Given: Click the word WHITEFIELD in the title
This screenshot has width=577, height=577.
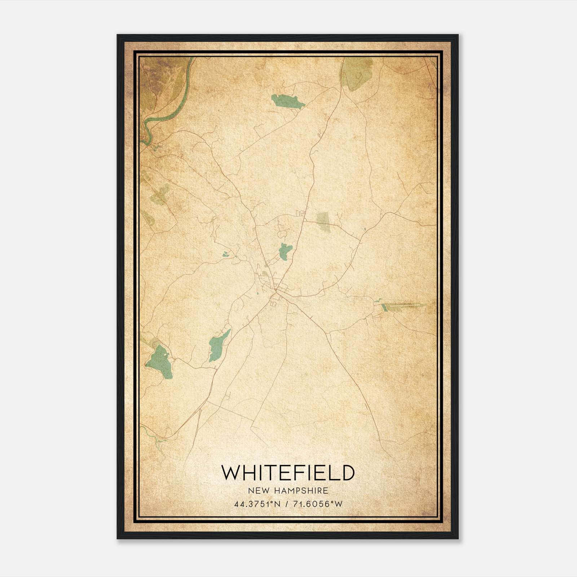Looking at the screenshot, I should [287, 473].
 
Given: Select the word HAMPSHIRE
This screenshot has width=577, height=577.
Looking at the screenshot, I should [302, 491].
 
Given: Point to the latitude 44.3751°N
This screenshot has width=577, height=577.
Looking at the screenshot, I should [257, 504].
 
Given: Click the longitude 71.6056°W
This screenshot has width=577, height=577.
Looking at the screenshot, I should [317, 504].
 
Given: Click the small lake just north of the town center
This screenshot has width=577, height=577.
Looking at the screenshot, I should [285, 251].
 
